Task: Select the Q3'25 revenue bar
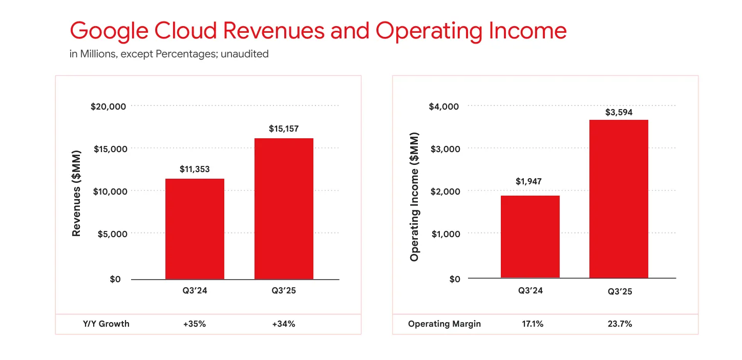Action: pos(284,208)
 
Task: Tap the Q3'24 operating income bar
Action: pos(530,237)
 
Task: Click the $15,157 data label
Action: pos(283,129)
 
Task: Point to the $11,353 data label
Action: pos(195,169)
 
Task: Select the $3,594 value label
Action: pos(619,112)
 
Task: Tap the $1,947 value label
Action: pos(529,181)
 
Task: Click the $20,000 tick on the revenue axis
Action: pos(108,107)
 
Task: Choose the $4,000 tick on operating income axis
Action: pos(444,107)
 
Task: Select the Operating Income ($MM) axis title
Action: pos(414,197)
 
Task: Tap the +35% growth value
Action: pos(195,324)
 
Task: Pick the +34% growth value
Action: pos(284,324)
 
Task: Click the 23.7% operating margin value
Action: pos(619,324)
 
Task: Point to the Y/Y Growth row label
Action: pos(106,324)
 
